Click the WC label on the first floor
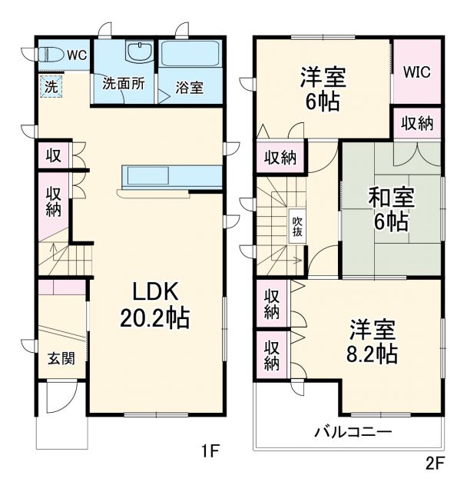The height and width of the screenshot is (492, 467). tap(76, 55)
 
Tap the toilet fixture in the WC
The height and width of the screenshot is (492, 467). tap(51, 55)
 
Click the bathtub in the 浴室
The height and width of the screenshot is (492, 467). tap(190, 56)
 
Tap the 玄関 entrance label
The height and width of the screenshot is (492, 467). tap(61, 357)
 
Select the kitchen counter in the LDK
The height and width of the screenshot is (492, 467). tap(171, 176)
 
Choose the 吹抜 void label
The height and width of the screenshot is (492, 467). tap(297, 226)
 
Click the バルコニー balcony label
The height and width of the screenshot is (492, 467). tap(353, 432)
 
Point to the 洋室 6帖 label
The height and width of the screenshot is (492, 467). tap(323, 89)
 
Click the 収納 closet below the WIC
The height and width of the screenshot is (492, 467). tap(417, 124)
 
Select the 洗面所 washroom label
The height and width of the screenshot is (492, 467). tap(123, 84)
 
